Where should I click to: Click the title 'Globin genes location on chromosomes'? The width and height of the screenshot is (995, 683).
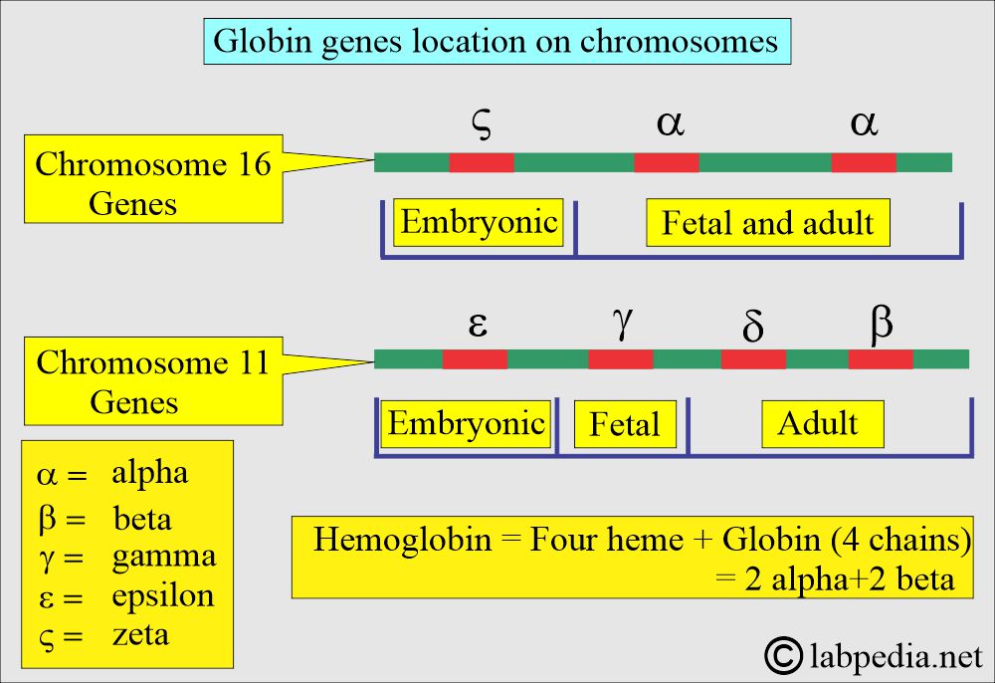click(497, 41)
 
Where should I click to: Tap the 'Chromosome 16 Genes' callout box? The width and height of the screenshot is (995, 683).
click(153, 179)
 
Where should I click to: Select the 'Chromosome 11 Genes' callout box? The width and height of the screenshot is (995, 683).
click(153, 381)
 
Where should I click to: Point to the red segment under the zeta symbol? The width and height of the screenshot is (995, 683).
click(482, 162)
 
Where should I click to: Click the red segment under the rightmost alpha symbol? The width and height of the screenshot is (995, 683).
click(864, 162)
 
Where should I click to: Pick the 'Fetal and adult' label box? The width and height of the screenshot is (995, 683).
click(768, 223)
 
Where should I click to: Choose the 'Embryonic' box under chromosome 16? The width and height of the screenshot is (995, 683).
click(479, 222)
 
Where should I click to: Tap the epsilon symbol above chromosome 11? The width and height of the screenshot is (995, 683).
click(478, 324)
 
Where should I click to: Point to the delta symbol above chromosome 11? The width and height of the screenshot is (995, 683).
click(752, 326)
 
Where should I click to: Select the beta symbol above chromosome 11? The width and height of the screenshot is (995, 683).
click(882, 325)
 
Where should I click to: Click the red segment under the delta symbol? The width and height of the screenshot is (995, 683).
click(753, 359)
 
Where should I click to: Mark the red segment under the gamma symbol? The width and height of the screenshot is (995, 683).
click(621, 359)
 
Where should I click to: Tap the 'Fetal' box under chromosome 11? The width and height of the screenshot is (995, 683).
click(625, 424)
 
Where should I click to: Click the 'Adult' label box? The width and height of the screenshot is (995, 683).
click(823, 424)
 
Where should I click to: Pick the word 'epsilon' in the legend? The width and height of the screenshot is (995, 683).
click(163, 596)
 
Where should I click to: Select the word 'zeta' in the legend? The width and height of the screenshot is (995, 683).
click(141, 635)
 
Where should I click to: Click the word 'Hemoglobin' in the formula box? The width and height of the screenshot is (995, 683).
click(402, 541)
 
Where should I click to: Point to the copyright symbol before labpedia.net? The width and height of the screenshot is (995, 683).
click(784, 656)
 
